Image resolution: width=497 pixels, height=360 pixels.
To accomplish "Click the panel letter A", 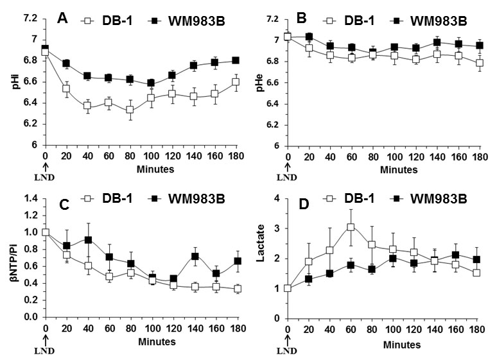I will pos(63,19).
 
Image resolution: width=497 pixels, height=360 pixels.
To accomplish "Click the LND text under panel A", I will pos(45,173).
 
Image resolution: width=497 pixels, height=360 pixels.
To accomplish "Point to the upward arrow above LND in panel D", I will pos(288,336).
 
